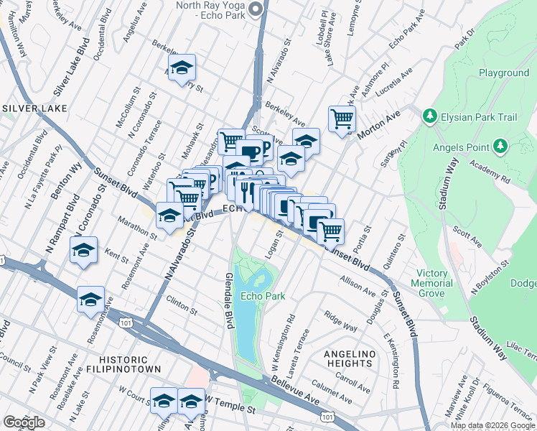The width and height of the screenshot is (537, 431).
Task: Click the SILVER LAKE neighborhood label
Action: (34, 108)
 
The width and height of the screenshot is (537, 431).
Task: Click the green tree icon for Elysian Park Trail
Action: (429, 116)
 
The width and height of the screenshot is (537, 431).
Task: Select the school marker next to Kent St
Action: (84, 251)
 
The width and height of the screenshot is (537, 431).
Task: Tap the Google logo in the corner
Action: (24, 422)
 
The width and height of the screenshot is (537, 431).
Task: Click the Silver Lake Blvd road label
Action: (68, 73)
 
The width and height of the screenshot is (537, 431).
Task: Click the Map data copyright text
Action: (493, 425)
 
